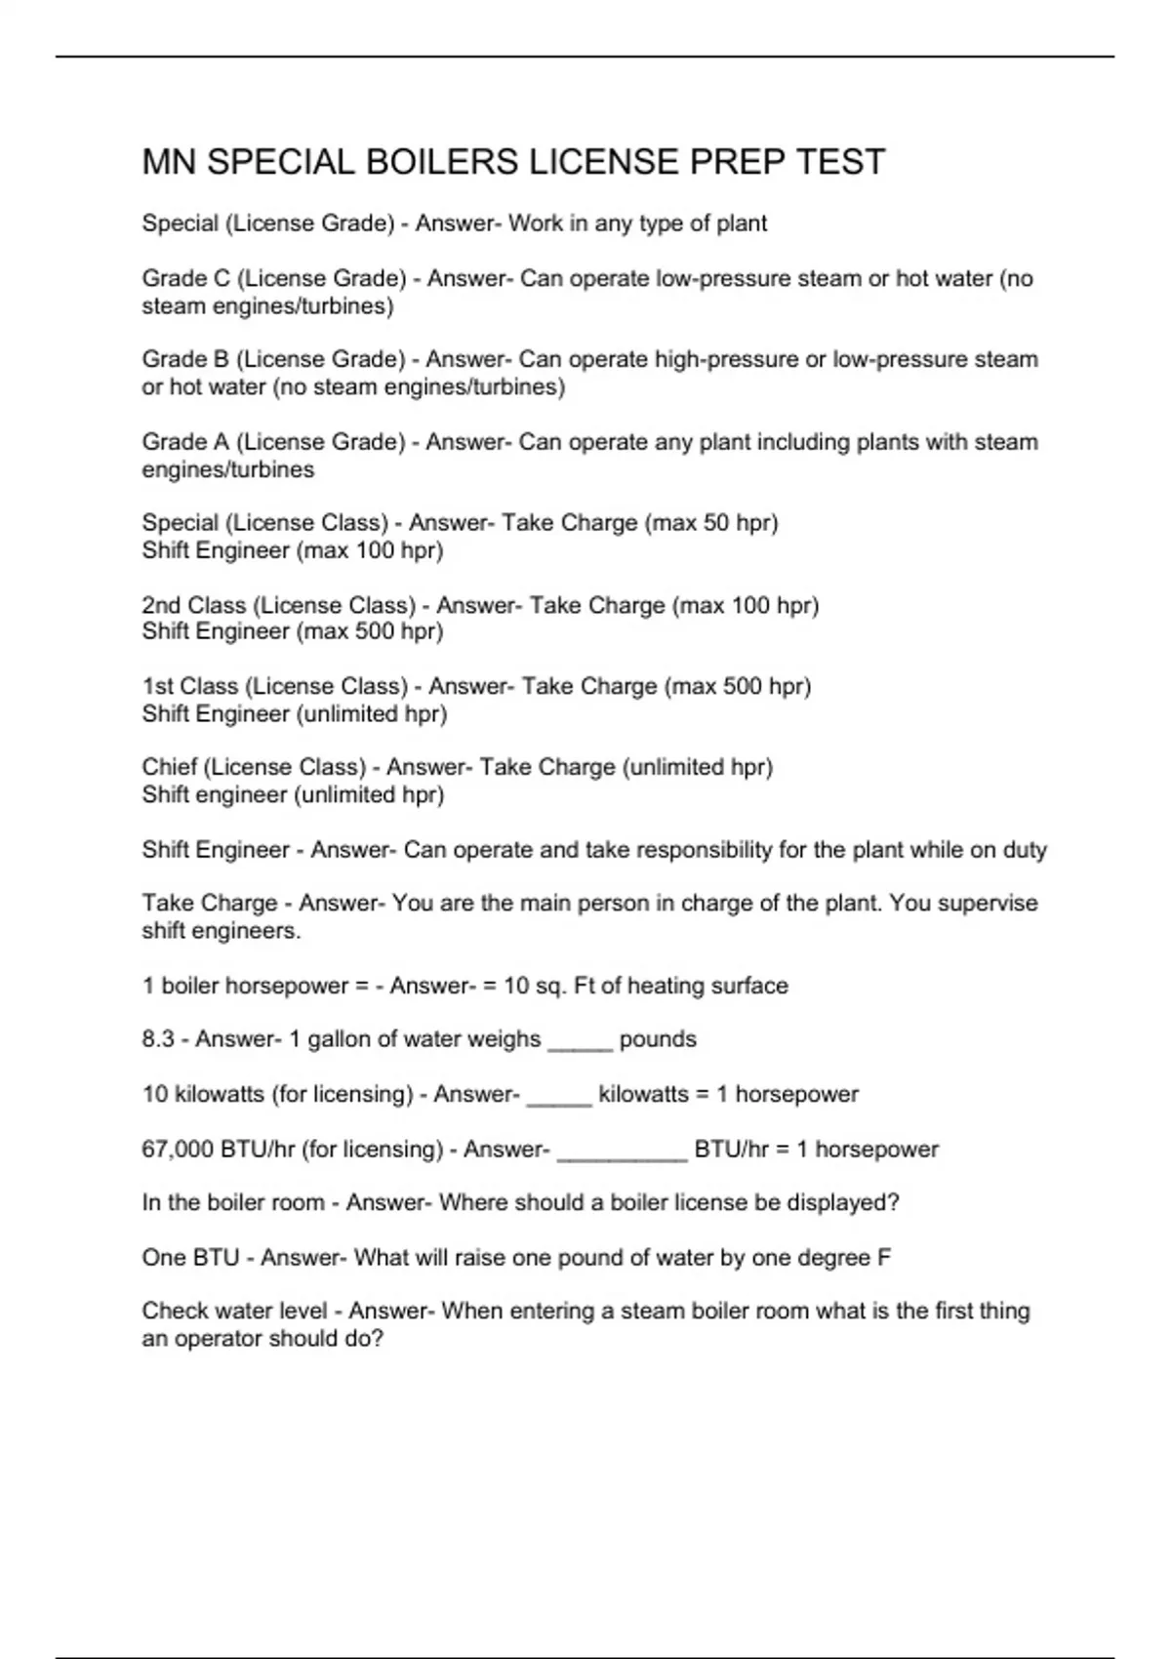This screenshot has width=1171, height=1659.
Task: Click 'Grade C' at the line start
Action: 185,279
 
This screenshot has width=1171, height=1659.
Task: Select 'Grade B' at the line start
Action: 185,360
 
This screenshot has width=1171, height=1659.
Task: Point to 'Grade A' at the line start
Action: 185,442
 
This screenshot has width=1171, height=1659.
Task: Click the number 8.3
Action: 158,1039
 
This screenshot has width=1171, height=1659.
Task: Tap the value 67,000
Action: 178,1150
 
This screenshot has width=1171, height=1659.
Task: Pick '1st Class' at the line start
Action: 189,687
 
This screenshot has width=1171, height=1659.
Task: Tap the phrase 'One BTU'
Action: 190,1258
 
